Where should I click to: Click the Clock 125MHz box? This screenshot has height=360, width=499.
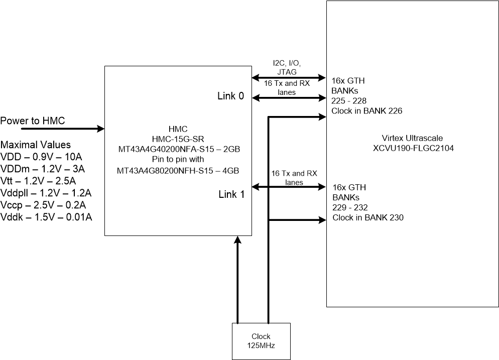[261, 341]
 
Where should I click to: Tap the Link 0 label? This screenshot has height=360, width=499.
[231, 96]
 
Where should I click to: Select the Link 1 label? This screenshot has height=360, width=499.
[231, 194]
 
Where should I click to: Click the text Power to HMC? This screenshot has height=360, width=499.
[33, 121]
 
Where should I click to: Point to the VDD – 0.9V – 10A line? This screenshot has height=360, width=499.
[41, 157]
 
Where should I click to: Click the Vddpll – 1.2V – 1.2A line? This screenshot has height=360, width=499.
[46, 193]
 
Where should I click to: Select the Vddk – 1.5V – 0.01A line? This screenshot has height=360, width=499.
[46, 217]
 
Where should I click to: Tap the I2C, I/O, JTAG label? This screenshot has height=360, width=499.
[287, 67]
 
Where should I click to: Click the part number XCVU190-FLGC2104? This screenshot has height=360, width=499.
[413, 148]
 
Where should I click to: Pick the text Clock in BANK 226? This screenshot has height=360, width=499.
[366, 111]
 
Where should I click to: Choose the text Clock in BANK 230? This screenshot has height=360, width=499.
[368, 217]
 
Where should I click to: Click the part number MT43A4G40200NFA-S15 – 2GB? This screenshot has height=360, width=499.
[179, 149]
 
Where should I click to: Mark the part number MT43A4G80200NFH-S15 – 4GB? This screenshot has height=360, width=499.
[178, 171]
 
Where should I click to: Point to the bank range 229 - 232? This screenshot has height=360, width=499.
[350, 207]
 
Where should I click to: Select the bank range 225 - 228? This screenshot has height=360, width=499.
[349, 101]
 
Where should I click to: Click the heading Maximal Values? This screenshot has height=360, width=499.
[36, 145]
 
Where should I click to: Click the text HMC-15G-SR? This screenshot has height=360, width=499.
[178, 139]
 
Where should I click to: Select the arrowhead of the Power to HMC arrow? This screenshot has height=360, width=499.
[101, 129]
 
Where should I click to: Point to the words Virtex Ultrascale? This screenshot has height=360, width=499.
[412, 138]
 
